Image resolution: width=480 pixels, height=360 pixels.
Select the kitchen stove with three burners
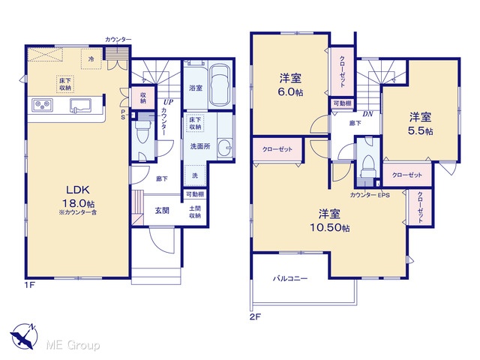(x=42, y=105)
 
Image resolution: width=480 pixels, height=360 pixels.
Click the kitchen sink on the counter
(x=80, y=106)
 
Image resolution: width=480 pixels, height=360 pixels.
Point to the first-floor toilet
(x=142, y=131)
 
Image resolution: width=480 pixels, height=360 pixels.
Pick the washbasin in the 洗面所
(x=225, y=148)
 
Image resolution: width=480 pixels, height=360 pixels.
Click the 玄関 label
(x=162, y=211)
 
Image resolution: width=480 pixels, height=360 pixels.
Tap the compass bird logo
(x=23, y=337)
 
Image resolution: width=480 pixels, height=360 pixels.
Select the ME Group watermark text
(x=73, y=346)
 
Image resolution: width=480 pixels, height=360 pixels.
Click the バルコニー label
(x=290, y=278)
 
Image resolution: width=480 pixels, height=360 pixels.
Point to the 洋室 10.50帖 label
(x=330, y=220)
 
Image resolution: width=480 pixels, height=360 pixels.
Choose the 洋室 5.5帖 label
(x=421, y=124)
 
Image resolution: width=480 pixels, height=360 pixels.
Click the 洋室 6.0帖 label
(x=290, y=85)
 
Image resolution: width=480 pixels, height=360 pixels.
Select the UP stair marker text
(x=168, y=102)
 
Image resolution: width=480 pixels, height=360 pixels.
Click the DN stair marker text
(x=368, y=114)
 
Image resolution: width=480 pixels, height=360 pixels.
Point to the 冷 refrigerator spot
(x=91, y=59)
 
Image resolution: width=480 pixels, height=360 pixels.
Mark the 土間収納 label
(x=195, y=211)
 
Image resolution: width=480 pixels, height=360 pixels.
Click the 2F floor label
(x=255, y=316)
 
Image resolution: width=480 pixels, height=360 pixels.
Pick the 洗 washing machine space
(x=195, y=175)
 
